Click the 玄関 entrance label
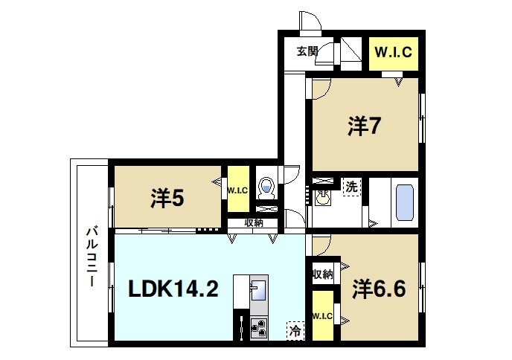pyautogui.click(x=307, y=52)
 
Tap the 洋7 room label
pyautogui.click(x=365, y=126)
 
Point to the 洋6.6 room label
pyautogui.click(x=379, y=288)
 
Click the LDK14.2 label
pyautogui.click(x=174, y=289)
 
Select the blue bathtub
pyautogui.click(x=404, y=202)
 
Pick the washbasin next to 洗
pyautogui.click(x=322, y=199)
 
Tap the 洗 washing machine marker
pyautogui.click(x=351, y=187)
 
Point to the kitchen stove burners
pyautogui.click(x=259, y=328)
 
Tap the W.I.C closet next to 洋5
pyautogui.click(x=237, y=190)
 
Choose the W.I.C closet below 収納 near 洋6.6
pyautogui.click(x=322, y=317)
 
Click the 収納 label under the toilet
pyautogui.click(x=253, y=222)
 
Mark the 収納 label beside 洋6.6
pyautogui.click(x=322, y=274)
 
